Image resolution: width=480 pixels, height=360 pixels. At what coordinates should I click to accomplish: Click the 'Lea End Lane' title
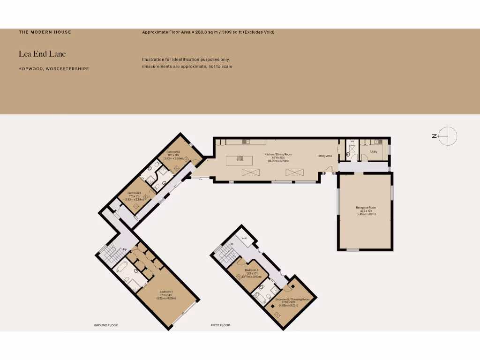[x=42, y=54]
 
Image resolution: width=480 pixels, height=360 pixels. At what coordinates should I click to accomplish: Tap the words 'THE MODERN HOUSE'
[x=45, y=32]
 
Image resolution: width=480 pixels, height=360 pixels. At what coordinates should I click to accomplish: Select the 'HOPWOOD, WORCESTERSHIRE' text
[x=54, y=69]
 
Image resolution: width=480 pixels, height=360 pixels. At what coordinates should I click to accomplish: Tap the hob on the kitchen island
[x=240, y=158]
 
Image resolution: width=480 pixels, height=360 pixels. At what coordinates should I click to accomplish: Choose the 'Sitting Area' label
[x=324, y=156]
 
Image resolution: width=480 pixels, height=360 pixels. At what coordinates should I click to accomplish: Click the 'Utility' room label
[x=374, y=151]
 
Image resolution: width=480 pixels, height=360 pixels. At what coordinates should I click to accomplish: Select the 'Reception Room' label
[x=366, y=208]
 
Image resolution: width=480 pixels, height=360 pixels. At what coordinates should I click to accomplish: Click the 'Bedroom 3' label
[x=134, y=193]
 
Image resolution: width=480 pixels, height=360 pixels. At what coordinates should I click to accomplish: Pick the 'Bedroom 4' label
[x=251, y=270]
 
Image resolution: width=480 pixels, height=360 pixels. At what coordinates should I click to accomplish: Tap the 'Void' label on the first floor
[x=244, y=238]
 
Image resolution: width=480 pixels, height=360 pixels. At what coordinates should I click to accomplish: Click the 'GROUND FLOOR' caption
[x=106, y=325]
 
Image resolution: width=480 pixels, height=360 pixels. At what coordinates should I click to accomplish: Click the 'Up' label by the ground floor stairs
[x=125, y=249]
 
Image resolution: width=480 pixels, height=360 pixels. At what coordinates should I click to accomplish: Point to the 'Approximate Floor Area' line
[x=208, y=32]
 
